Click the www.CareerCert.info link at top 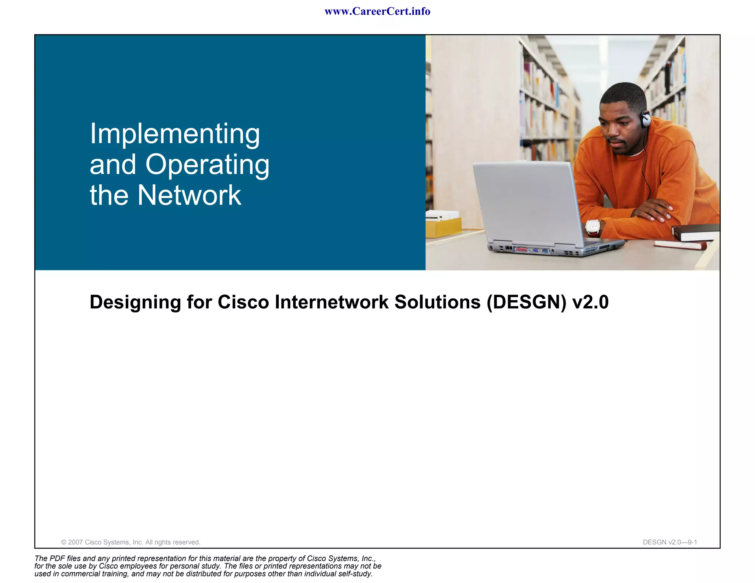[x=377, y=11]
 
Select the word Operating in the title [x=207, y=165]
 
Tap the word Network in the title [x=189, y=195]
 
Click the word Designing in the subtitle [x=135, y=302]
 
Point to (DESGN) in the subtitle [x=526, y=302]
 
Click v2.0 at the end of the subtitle [x=590, y=302]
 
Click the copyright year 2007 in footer [x=76, y=542]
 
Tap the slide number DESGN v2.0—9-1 [x=670, y=542]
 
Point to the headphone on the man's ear [x=646, y=119]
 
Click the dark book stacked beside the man [x=695, y=231]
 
